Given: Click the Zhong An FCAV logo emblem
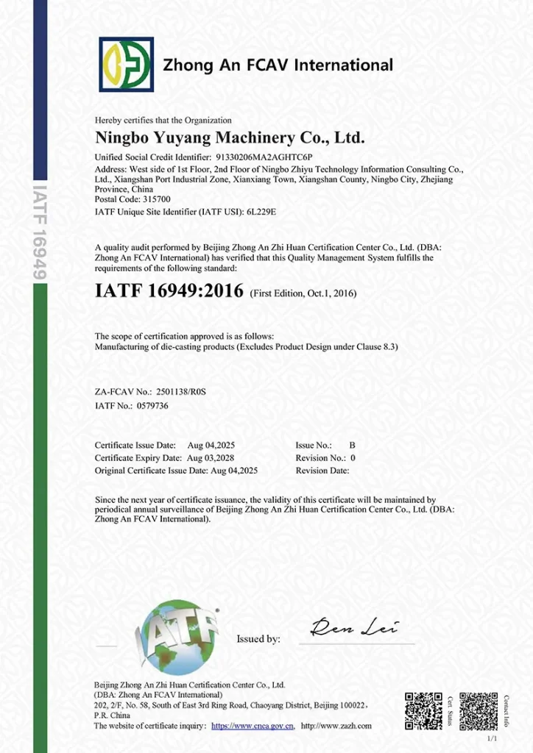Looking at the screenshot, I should pos(127,65).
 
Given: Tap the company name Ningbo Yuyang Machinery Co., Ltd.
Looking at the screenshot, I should pos(230,138).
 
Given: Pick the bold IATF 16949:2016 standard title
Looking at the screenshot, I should pos(169,290).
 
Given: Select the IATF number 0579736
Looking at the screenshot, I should pos(152,406).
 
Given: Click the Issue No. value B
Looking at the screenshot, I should pos(352,446).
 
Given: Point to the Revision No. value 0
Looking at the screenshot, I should pos(353,458).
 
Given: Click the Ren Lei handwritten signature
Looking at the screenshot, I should pos(354,627).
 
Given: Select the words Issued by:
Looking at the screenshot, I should pos(258,639).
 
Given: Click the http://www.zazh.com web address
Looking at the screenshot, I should pos(336,726).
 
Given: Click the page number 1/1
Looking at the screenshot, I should pos(493,738).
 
